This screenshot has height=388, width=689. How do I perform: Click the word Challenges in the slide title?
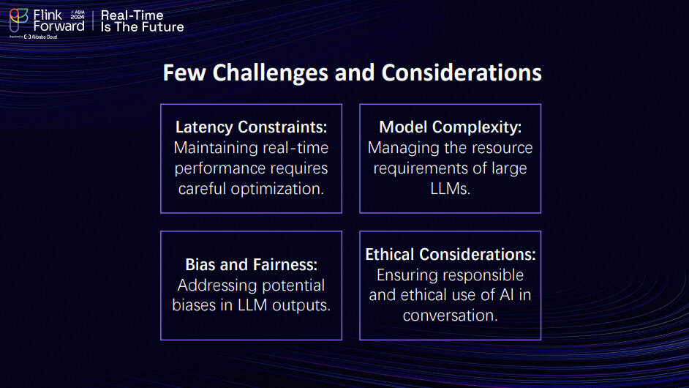[x=270, y=73]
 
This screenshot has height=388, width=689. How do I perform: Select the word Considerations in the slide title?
[x=462, y=72]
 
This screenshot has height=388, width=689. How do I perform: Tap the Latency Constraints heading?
[x=252, y=127]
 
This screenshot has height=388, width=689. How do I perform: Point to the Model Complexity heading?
[x=451, y=127]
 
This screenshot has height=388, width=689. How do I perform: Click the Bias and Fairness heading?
[x=252, y=265]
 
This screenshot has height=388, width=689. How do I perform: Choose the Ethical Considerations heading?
[x=451, y=254]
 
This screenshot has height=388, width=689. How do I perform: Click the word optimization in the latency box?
[x=277, y=189]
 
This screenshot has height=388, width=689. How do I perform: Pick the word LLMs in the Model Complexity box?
[x=451, y=189]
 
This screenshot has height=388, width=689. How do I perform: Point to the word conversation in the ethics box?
[x=451, y=316]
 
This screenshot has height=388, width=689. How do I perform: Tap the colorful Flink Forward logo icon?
[x=19, y=20]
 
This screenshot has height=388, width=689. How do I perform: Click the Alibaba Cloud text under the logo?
[x=45, y=37]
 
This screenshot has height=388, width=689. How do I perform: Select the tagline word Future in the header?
[x=163, y=27]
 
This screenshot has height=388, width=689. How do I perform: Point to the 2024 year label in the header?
[x=78, y=17]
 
